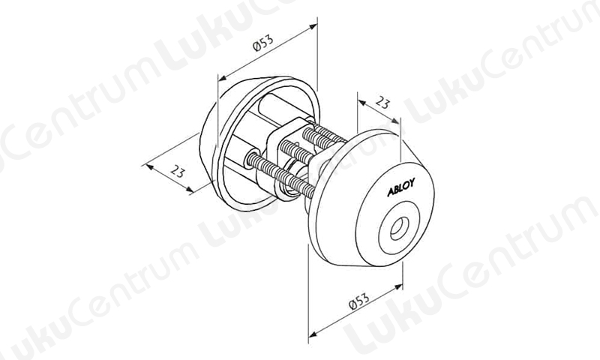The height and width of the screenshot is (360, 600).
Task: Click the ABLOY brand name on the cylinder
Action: coord(400,187)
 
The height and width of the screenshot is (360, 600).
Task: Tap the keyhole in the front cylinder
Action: coord(398,228)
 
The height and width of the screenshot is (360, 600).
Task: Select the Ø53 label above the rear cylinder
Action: coord(263,43)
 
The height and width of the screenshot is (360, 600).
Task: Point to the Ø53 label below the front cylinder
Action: coord(360,301)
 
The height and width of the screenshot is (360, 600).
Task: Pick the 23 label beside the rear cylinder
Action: coord(177,171)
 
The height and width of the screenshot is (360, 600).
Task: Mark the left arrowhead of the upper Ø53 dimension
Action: coord(222,79)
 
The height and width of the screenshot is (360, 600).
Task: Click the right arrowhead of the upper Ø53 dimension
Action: coord(313,26)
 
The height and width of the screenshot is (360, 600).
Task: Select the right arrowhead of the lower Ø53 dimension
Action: coord(398,286)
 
